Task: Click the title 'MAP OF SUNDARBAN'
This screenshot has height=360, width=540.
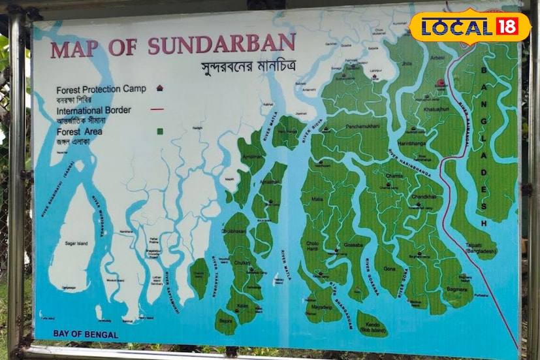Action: [x=173, y=46]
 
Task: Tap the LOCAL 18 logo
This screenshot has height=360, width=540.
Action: [x=470, y=27]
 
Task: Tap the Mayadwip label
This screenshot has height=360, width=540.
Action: [x=322, y=306]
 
